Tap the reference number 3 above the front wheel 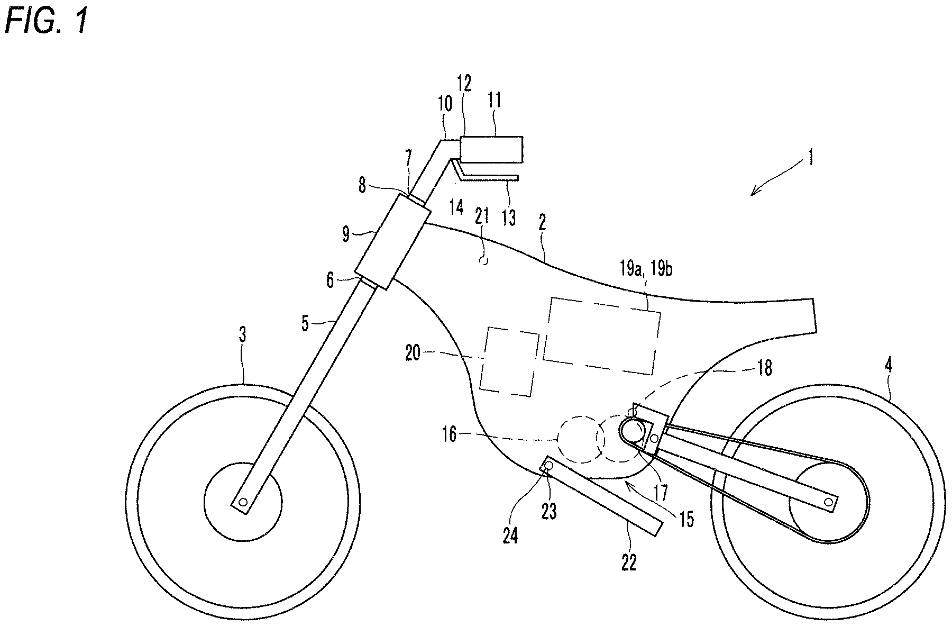coord(243,336)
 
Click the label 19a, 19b coord(646,269)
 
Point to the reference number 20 coord(413,353)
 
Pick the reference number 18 coord(764,367)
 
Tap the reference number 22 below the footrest coord(628,563)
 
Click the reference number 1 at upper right coord(810,158)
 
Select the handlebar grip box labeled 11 coord(492,149)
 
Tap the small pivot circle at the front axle coord(243,502)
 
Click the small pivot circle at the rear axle coord(828,501)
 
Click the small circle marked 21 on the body coord(482,260)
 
